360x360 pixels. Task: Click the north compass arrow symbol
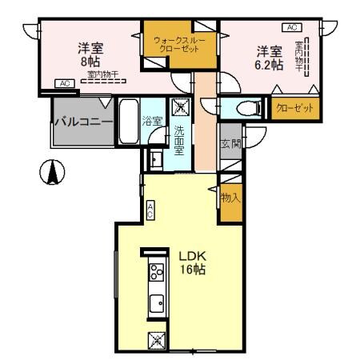(53, 170)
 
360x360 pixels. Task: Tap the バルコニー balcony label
(82, 122)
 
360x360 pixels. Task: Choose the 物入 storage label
(230, 197)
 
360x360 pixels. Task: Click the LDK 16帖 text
(192, 263)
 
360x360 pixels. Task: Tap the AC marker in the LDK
(150, 210)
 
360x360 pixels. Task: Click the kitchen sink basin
(156, 303)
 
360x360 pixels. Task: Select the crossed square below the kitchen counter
(157, 340)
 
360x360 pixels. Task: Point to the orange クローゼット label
(293, 107)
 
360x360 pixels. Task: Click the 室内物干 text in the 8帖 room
(102, 74)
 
